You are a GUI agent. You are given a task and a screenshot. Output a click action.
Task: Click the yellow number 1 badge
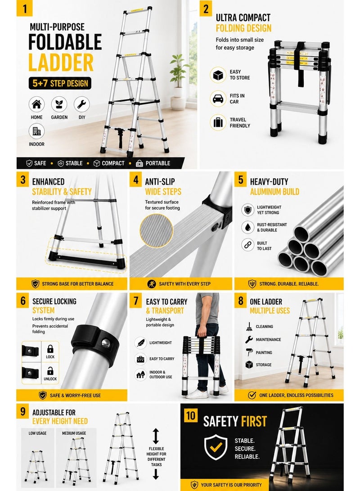24,8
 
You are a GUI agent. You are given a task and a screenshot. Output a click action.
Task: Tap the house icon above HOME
36,104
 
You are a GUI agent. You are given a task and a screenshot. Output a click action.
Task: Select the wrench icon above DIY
82,104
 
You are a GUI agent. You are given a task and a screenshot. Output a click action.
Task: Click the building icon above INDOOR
36,131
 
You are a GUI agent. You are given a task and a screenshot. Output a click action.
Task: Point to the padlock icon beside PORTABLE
139,163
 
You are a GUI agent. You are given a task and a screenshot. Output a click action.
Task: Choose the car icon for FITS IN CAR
218,99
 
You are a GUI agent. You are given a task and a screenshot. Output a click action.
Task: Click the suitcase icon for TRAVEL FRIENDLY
218,122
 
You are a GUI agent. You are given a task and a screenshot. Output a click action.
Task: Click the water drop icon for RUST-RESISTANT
247,227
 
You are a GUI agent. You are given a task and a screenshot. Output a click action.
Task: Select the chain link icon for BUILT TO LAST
247,245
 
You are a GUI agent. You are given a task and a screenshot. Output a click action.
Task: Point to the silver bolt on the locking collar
106,343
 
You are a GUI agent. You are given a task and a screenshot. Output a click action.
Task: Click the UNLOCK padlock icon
50,371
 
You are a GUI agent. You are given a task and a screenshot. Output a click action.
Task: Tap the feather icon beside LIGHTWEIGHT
140,342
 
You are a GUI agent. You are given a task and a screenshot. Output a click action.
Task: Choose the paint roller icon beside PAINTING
249,352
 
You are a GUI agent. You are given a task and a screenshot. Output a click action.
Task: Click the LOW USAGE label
37,433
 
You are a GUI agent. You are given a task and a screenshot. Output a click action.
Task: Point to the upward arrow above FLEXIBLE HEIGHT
156,436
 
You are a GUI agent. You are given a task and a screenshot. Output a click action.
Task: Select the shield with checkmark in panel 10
216,447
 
